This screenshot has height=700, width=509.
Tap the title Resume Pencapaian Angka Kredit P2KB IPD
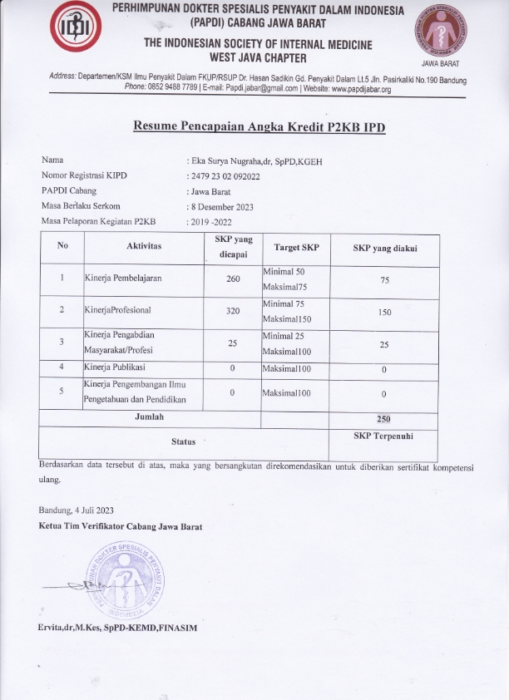point(260,126)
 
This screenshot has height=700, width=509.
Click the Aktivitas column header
point(144,247)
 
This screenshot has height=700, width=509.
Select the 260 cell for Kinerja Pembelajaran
point(233,279)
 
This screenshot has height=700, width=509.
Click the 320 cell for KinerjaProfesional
point(233,311)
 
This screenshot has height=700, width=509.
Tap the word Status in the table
point(183,441)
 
